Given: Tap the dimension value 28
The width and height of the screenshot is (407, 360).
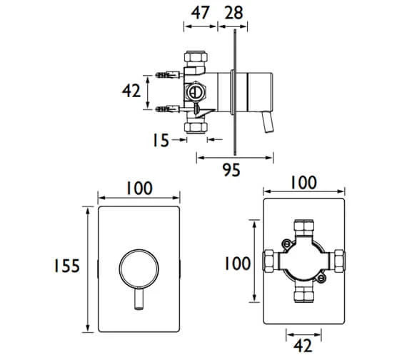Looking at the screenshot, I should click(x=234, y=12).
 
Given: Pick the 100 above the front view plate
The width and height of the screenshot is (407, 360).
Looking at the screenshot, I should click(x=139, y=188).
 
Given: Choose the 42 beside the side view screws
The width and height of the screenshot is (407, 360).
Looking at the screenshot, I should click(x=130, y=91).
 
